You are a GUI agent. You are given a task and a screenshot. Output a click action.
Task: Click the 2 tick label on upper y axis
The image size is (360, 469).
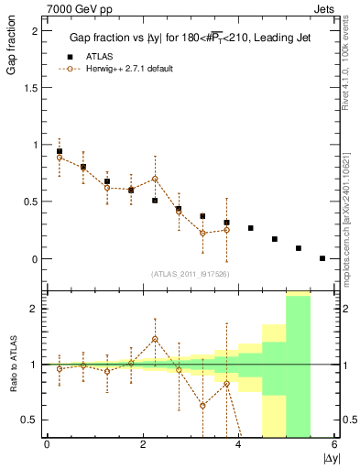(34, 30)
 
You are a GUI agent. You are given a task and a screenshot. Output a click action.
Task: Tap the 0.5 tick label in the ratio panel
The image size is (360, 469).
(30, 420)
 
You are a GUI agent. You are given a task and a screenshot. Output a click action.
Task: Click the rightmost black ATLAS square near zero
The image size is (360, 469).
(322, 258)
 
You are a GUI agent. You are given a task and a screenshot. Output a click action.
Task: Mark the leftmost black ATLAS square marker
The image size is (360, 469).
(60, 151)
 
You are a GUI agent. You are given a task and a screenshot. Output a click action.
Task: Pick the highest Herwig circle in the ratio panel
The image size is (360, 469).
(155, 339)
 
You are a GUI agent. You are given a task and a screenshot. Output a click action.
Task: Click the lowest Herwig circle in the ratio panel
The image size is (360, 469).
(202, 405)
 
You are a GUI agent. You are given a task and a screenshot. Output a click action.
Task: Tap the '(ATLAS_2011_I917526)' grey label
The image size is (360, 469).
(191, 275)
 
